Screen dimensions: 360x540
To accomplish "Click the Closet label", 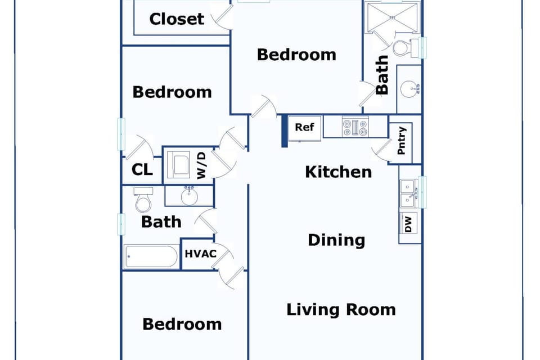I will point(177,19).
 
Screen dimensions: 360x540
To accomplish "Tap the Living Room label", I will point(341,309).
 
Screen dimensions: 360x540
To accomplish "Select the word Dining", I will point(336,240).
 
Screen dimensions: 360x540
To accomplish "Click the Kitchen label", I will point(338,172).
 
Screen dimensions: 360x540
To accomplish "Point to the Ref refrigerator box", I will point(305,128).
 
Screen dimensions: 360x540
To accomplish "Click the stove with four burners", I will point(355,127).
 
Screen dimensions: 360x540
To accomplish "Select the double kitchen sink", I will point(408,192).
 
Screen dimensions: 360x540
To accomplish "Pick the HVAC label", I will point(201,254).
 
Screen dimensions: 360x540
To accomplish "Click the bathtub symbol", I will point(151,257).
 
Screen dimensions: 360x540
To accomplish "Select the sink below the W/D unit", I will point(189,196).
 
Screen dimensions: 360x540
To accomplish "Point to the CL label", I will point(142,169).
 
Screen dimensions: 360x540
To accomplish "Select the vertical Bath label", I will point(382,74).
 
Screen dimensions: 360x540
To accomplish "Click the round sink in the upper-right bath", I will point(409,88).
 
